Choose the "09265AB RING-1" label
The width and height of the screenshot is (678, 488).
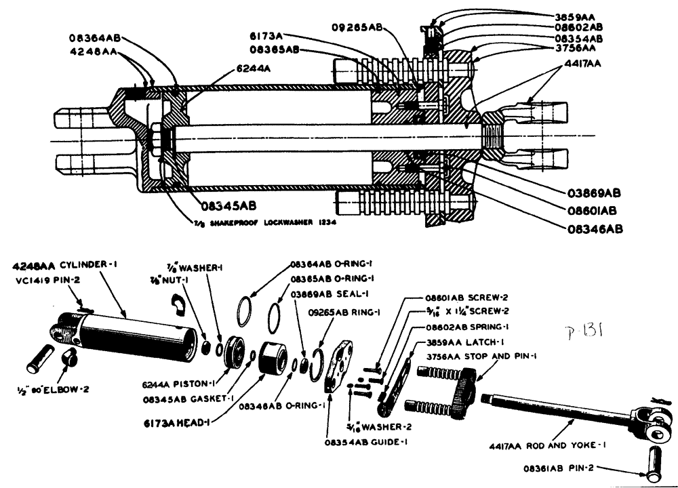point(344,313)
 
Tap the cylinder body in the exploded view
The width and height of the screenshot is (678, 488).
point(132,336)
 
